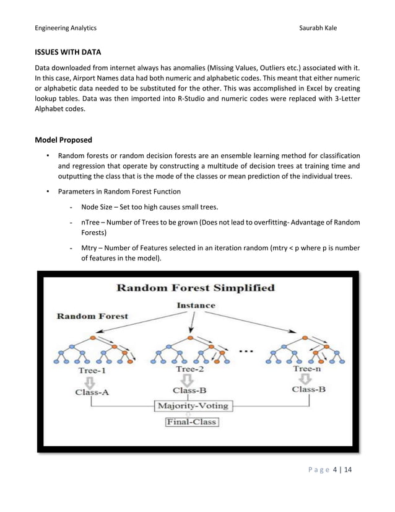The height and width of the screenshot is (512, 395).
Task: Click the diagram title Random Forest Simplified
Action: (196, 288)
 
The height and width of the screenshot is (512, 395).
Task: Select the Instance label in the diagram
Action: (196, 306)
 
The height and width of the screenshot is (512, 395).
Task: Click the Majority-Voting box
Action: (193, 406)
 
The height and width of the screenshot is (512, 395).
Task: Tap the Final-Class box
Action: (192, 423)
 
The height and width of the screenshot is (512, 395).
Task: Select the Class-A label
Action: (92, 392)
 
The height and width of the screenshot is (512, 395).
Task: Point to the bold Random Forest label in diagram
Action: (93, 316)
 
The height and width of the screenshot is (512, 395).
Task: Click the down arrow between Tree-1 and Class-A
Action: (91, 381)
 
